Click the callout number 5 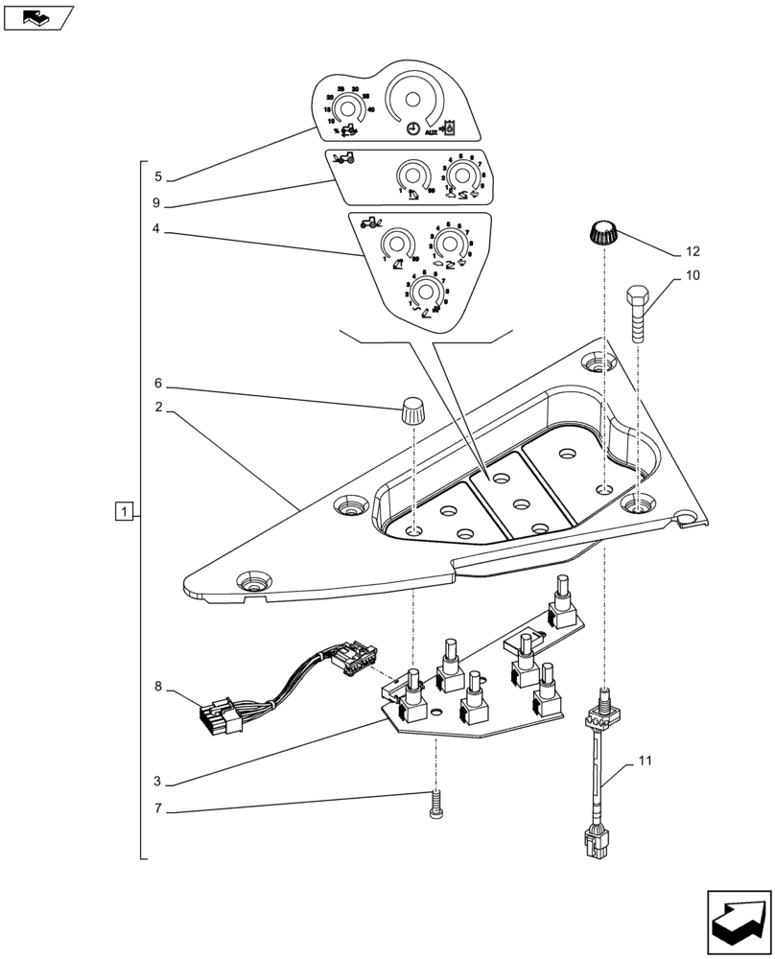click(x=159, y=177)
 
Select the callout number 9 click(x=159, y=203)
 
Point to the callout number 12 click(x=693, y=252)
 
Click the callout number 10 click(x=693, y=276)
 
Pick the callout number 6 click(x=159, y=383)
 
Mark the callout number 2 click(x=159, y=407)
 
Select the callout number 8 click(x=159, y=688)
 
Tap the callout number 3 click(x=159, y=783)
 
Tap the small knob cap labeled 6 click(x=413, y=412)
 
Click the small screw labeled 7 click(x=435, y=804)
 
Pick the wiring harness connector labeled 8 click(x=220, y=715)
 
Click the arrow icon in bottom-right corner click(x=738, y=920)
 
